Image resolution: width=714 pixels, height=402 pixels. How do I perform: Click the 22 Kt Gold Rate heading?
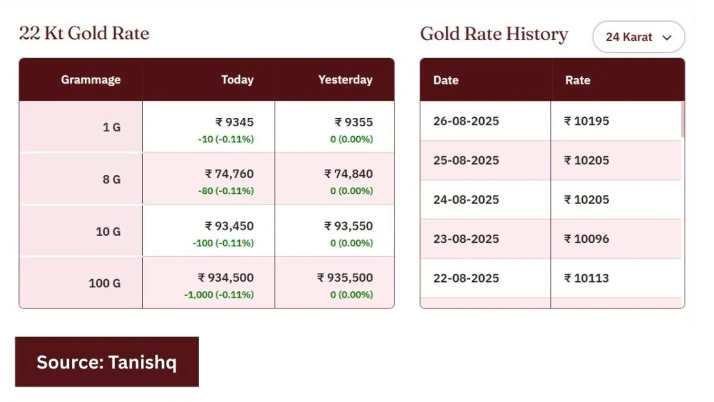[x=84, y=33]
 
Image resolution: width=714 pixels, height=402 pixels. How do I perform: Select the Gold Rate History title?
[x=494, y=34]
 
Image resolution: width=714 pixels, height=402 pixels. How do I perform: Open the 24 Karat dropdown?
[x=638, y=37]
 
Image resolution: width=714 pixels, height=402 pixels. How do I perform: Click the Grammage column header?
[x=91, y=80]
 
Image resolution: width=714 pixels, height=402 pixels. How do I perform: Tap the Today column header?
[x=237, y=80]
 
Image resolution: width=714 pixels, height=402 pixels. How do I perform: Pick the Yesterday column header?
[x=345, y=80]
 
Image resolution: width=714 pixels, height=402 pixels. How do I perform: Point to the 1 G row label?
[x=112, y=128]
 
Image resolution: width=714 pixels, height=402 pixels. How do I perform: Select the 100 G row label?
[x=105, y=283]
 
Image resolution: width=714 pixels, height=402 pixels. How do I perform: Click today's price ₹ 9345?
[x=234, y=122]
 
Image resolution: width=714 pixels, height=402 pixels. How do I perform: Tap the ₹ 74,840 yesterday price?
[x=348, y=174]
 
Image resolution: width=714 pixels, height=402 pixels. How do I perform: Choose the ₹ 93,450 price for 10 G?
[x=229, y=226]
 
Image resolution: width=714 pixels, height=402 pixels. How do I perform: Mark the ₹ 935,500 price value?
[x=344, y=278]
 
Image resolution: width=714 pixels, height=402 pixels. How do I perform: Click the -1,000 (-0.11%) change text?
[x=219, y=295]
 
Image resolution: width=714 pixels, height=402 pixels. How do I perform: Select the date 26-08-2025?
[x=466, y=121]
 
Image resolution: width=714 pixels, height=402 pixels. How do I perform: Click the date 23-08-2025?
[x=466, y=239]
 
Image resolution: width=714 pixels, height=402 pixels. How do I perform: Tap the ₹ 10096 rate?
[x=586, y=239]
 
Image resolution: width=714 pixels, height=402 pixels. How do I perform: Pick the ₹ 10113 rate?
[x=586, y=278]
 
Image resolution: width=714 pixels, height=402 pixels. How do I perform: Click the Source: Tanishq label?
[x=107, y=362]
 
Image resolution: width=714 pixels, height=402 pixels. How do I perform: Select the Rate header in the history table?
[x=577, y=80]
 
